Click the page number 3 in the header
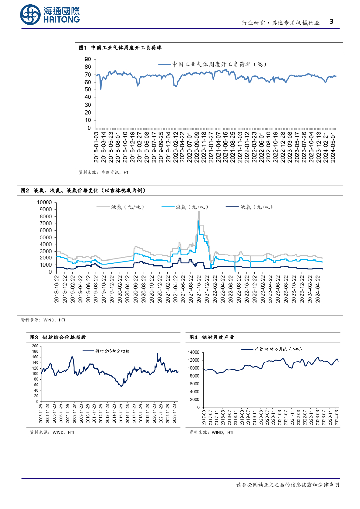332,22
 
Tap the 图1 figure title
121,48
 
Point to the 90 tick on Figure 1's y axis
88,59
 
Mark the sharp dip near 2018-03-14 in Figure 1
101,89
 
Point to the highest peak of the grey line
199,211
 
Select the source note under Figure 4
211,433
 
